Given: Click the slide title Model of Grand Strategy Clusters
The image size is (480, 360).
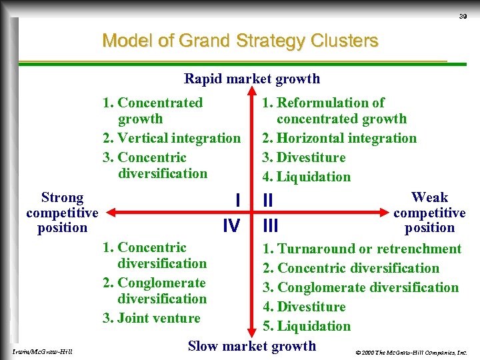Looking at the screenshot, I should coord(240,41).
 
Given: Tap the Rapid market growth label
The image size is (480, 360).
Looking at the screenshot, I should coord(252,79).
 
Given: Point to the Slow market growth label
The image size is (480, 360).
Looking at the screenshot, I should coord(252,345).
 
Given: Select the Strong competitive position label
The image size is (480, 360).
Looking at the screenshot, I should coord(62,212).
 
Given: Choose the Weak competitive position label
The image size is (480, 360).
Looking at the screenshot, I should coord(429,212).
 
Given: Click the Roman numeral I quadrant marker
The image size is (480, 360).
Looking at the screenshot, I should coord(238,199).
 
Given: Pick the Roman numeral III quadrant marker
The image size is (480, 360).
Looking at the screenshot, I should coord(270,225).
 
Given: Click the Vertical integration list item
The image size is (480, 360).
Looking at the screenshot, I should coord(172,138).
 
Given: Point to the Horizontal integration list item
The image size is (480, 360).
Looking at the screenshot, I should coord(339,138).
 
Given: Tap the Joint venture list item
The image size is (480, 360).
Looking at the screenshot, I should coord(152,318).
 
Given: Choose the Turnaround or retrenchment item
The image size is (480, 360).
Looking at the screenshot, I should coord(362,249).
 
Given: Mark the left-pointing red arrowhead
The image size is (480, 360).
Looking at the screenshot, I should coord(112,213).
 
